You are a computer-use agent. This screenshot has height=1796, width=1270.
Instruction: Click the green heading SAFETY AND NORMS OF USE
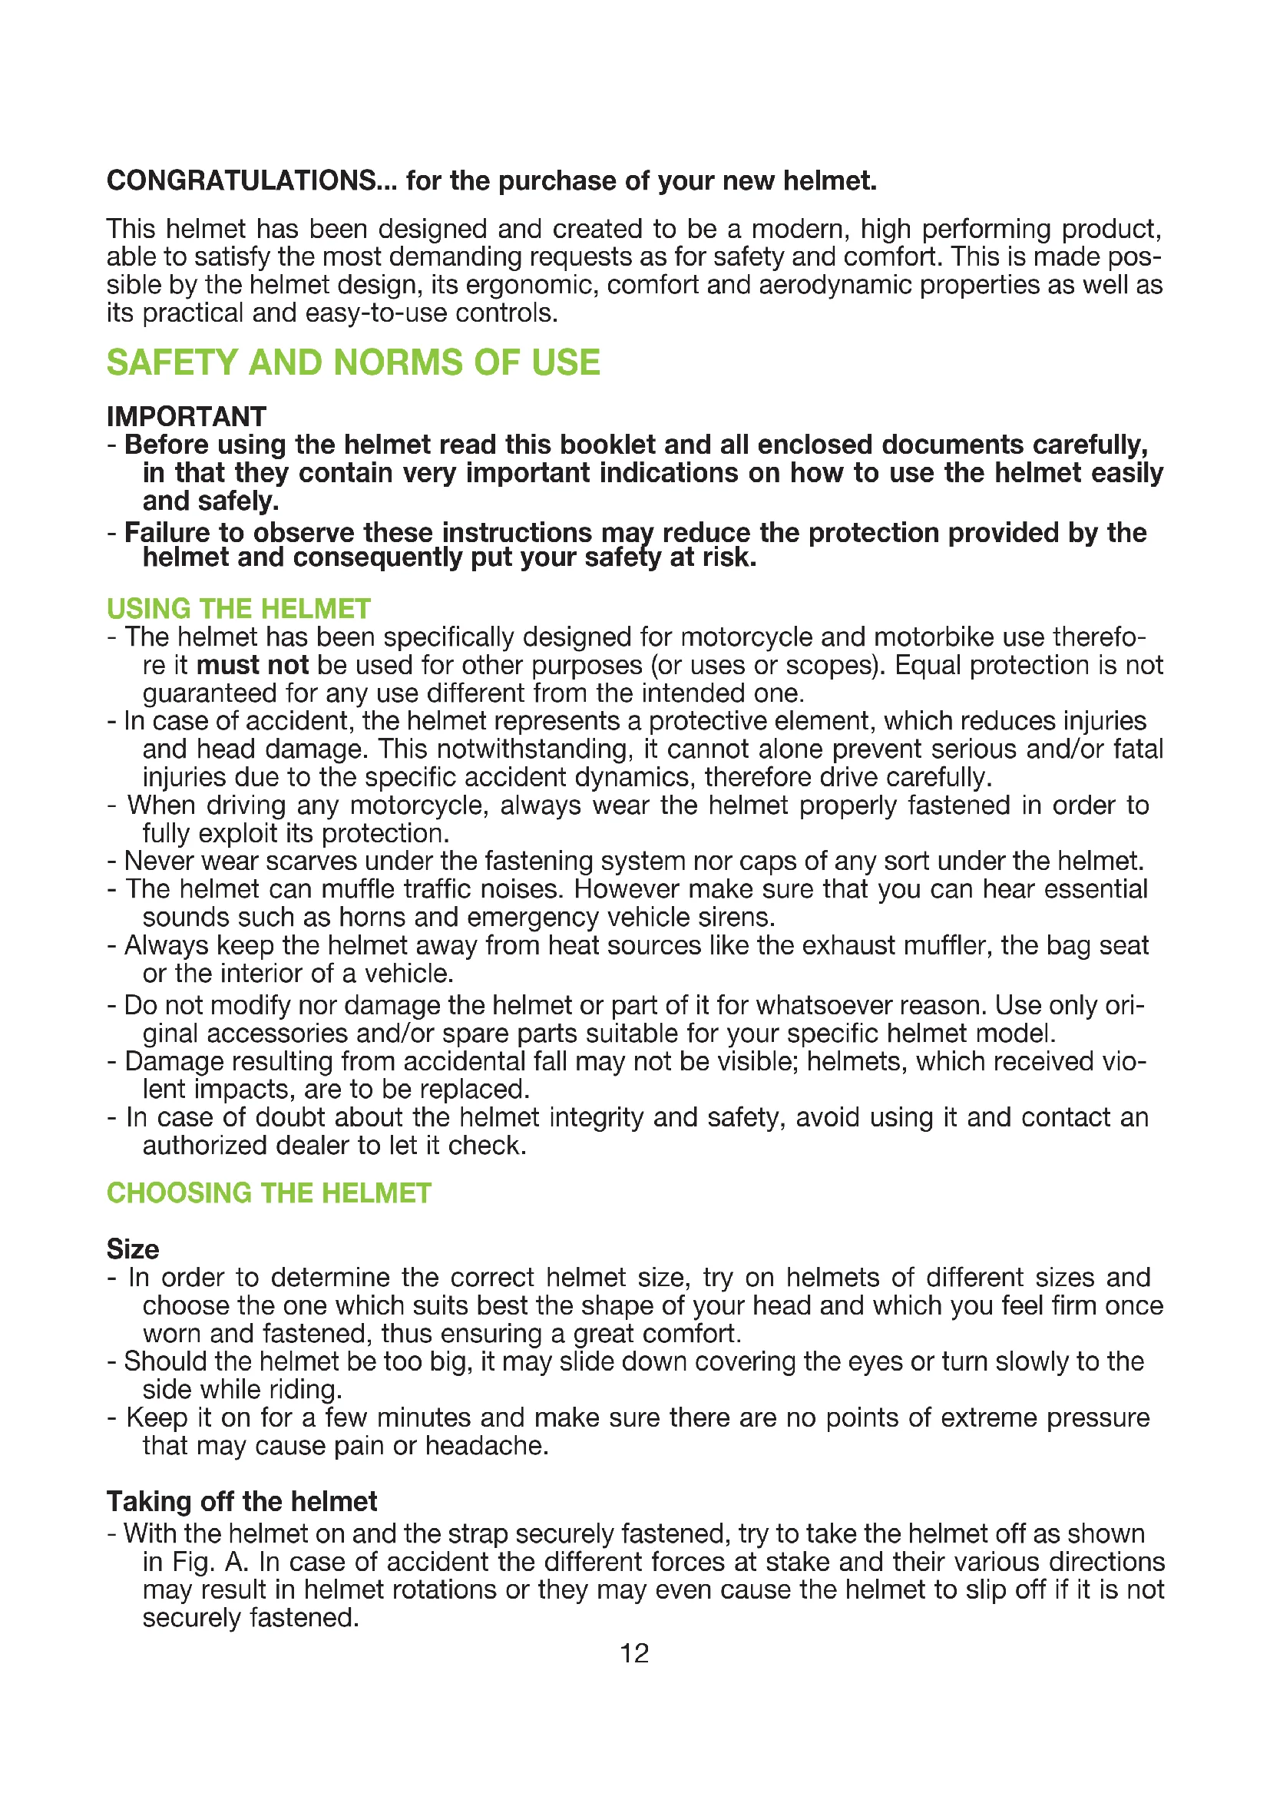tap(353, 363)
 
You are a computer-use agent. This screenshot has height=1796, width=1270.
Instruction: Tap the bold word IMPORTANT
tap(186, 416)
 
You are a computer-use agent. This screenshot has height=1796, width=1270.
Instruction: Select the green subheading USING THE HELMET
tap(239, 609)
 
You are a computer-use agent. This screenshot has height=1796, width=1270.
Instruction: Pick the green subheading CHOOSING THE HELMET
tap(269, 1193)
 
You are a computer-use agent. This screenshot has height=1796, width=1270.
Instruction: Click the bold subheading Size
tap(133, 1249)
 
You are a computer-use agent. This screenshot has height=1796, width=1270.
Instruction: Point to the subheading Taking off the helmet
tap(242, 1501)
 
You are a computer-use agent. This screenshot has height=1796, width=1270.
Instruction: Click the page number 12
tap(634, 1653)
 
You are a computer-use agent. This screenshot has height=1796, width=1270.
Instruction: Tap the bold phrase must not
tap(252, 665)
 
